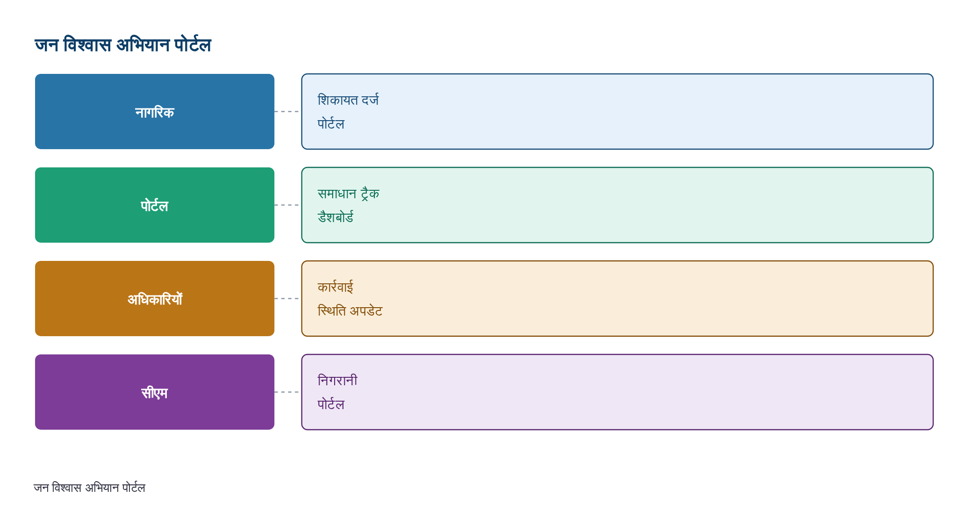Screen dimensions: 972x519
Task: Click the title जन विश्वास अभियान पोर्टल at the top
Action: tap(123, 45)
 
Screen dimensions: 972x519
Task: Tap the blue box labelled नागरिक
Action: tap(155, 111)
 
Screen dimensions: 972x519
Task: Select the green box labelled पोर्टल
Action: tap(155, 205)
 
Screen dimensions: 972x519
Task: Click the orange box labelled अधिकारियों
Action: tap(155, 298)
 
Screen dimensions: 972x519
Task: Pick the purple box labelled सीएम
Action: tap(155, 392)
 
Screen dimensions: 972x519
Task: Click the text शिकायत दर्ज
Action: tap(348, 100)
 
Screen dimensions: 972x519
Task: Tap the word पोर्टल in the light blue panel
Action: tap(331, 124)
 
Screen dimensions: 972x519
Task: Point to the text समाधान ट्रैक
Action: tap(348, 194)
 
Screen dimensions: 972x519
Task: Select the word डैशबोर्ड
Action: tap(336, 217)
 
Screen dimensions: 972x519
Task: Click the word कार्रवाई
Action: tap(336, 287)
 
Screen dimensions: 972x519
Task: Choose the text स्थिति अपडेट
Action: tap(350, 310)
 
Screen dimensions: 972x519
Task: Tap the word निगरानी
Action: tap(337, 380)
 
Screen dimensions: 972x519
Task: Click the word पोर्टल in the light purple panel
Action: tap(331, 404)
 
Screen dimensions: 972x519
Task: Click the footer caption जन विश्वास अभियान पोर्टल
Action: tap(89, 488)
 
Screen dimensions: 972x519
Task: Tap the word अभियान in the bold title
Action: tap(143, 45)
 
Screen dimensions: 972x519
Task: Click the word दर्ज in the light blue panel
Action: tap(370, 100)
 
